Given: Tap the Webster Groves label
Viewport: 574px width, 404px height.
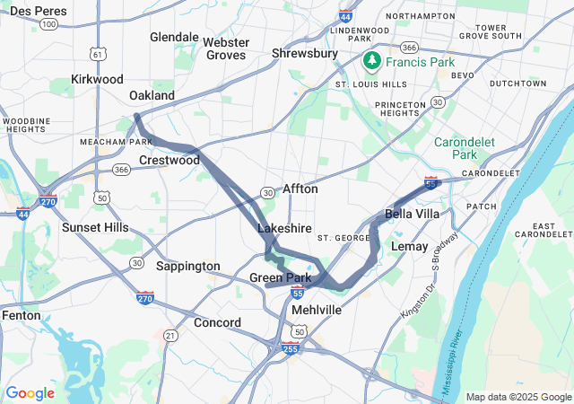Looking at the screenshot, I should pos(226,48).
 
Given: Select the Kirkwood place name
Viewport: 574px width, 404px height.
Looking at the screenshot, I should pos(96,79).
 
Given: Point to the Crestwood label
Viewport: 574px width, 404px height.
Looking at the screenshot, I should pos(170,160).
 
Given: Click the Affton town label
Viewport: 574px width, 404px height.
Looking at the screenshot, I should pos(300,189).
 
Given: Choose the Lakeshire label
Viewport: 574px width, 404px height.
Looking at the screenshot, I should pos(284,229).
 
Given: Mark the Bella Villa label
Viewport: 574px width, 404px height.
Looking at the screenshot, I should pos(413,214).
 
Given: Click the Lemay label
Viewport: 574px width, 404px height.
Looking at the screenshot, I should pos(411,245).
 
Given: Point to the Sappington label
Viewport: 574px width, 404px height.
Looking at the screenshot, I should pos(187,266).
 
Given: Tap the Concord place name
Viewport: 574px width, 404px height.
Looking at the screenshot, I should pos(216,322).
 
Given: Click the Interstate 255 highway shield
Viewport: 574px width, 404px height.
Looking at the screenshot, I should pos(291,347).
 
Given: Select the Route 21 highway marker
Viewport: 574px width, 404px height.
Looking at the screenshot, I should pos(170,335).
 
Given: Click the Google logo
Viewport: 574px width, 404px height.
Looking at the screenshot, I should pos(30,393).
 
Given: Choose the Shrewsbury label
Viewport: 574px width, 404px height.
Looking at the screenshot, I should pos(305,54).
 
